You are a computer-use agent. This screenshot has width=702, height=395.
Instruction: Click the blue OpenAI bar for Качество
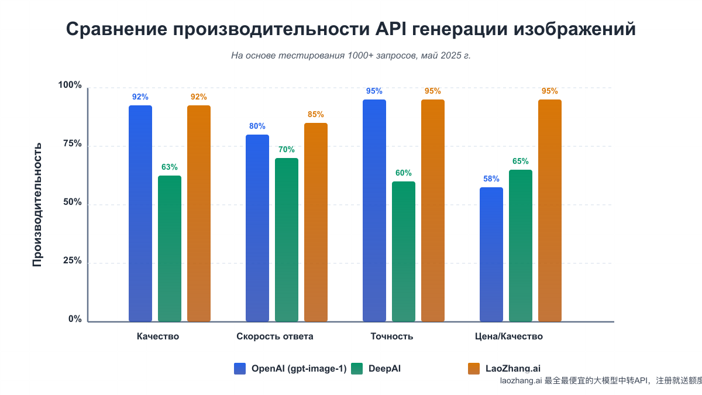[140, 214]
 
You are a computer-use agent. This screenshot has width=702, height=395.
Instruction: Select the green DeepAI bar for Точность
[404, 252]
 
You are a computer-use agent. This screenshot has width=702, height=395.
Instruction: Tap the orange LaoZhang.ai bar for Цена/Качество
[550, 211]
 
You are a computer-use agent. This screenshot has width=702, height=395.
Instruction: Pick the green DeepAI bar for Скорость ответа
[287, 240]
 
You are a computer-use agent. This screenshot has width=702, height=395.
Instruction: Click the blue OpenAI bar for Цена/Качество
[491, 255]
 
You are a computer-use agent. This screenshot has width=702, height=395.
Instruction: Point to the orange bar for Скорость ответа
[316, 222]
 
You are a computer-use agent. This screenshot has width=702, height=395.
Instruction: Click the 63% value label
[170, 167]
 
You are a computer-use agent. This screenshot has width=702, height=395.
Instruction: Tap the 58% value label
[491, 178]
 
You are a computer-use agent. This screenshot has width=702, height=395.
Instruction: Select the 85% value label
[316, 114]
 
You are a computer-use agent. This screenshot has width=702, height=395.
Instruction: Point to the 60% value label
[404, 173]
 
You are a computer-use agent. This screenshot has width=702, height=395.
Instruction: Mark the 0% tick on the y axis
[75, 319]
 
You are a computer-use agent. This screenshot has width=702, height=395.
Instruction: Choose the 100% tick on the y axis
[70, 85]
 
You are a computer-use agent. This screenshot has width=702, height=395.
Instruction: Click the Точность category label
[392, 336]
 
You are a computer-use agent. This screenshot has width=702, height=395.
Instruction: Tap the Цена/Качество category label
[508, 336]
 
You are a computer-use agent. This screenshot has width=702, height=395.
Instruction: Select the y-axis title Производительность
[37, 204]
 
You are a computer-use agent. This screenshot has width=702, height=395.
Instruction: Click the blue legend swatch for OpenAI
[240, 368]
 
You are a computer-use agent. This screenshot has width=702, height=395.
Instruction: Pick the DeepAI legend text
[384, 368]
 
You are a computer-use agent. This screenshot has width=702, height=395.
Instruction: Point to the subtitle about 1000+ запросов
[351, 56]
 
